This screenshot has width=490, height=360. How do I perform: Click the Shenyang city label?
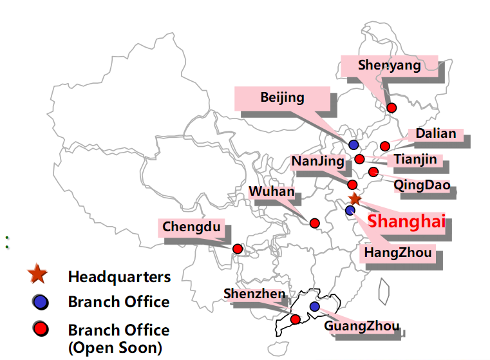[389, 66]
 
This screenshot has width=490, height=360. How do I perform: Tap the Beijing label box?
[282, 97]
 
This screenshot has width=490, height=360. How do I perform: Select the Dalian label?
[435, 135]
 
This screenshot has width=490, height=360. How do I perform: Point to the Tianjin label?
[415, 159]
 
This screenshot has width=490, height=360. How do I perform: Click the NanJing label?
[317, 160]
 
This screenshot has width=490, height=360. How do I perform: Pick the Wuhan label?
[272, 192]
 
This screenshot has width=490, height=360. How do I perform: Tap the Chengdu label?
[191, 227]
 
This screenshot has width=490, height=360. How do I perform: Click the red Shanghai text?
[406, 222]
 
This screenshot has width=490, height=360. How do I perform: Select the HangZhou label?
[398, 252]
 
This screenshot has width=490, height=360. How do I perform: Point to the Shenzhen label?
[254, 294]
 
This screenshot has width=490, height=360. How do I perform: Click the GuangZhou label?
[361, 326]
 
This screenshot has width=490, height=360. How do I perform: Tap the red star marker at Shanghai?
[354, 200]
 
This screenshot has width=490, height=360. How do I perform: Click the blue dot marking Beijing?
[353, 145]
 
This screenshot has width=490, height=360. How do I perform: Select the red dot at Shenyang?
[391, 108]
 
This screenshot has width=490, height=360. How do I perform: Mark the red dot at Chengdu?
[237, 249]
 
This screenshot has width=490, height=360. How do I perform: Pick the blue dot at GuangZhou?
[314, 307]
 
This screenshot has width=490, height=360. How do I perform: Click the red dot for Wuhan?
[315, 223]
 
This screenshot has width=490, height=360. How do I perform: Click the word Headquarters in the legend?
[119, 277]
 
